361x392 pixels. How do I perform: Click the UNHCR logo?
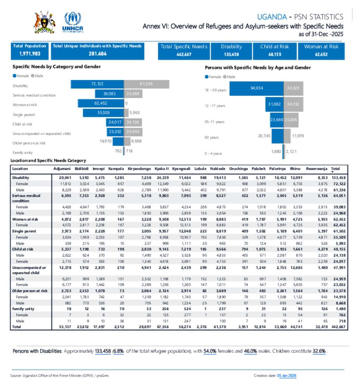(73, 23)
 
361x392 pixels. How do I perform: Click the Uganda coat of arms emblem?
(44, 22)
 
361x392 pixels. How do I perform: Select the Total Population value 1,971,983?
(30, 54)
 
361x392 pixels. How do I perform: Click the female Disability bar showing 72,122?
(97, 84)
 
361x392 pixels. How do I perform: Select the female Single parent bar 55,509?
(103, 113)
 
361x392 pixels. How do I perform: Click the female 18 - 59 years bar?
(256, 88)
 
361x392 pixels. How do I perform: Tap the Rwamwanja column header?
(316, 169)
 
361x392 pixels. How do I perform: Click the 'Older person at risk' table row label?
(30, 291)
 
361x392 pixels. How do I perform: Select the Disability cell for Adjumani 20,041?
(65, 178)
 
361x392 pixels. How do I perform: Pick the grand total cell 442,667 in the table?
(341, 327)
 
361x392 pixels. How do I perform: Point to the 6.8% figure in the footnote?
(118, 351)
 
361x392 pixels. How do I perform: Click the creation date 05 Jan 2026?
(287, 376)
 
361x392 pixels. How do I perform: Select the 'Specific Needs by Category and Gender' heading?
(56, 66)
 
